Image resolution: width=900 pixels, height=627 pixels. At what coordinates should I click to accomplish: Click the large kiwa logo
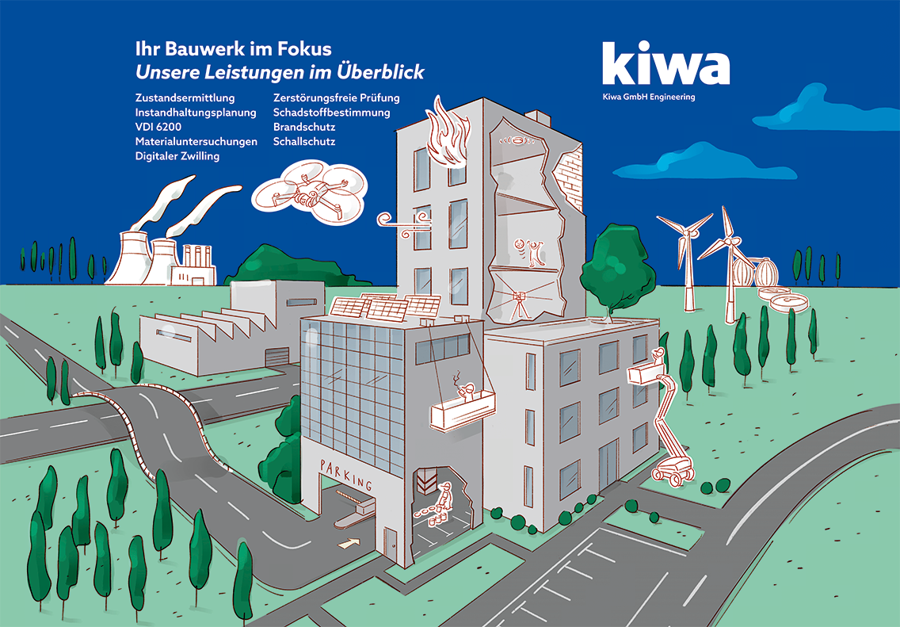[665, 63]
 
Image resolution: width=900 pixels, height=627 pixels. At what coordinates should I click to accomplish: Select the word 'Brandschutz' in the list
[304, 127]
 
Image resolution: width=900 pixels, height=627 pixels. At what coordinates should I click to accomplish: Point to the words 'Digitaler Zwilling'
[177, 156]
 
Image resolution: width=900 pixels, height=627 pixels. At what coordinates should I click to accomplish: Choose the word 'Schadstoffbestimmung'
[331, 113]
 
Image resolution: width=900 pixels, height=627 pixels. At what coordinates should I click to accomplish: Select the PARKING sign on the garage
[345, 474]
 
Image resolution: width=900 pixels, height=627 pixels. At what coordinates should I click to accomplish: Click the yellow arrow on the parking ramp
[348, 544]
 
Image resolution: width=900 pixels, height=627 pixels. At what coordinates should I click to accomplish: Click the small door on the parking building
[391, 542]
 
